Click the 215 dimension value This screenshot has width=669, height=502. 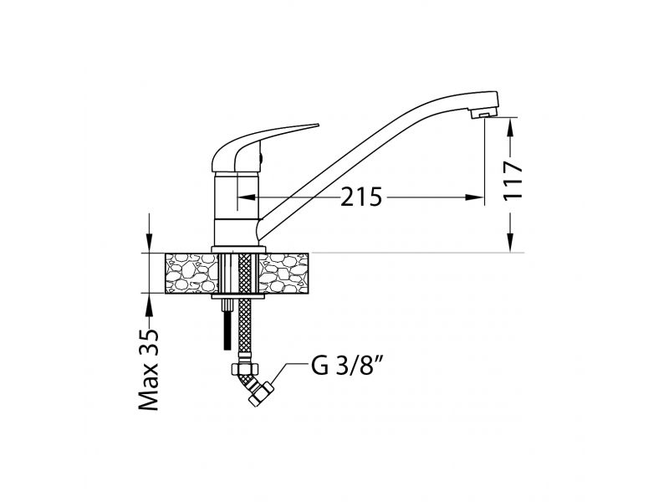tap(361, 197)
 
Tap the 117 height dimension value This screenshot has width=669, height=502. tap(513, 181)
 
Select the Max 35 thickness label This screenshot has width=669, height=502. tap(149, 369)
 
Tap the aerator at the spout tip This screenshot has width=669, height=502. tap(484, 113)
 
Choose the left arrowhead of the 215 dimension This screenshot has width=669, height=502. tap(246, 197)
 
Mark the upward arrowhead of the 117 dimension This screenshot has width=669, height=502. tap(511, 127)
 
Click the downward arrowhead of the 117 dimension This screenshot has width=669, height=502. tap(511, 243)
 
